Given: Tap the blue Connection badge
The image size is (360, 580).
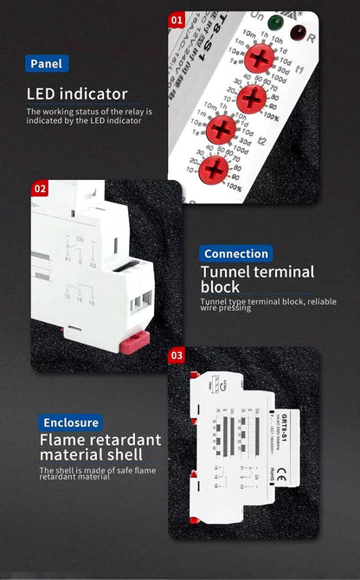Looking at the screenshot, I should point(236,254).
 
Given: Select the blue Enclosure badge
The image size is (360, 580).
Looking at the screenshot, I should point(72,422).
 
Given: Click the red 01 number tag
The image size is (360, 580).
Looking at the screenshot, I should point(177,19).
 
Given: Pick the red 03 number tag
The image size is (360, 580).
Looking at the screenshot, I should point(177,355).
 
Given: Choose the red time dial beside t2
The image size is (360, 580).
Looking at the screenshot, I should point(222,131).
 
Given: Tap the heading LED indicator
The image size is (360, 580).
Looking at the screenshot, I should point(77,93).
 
